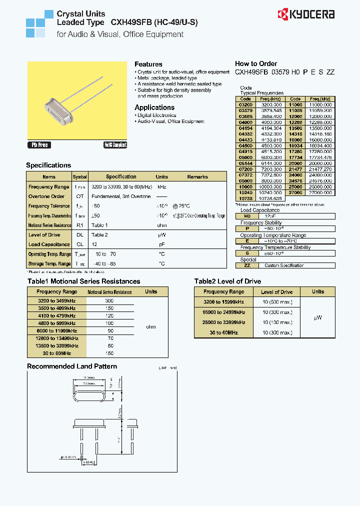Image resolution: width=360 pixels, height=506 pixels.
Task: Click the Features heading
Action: pyautogui.click(x=148, y=64)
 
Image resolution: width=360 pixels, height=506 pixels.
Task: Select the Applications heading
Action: pyautogui.click(x=154, y=107)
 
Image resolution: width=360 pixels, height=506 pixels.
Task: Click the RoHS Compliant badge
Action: pyautogui.click(x=115, y=145)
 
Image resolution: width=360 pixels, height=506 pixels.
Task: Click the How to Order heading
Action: pyautogui.click(x=256, y=63)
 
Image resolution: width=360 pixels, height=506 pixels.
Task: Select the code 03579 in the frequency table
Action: pyautogui.click(x=245, y=109)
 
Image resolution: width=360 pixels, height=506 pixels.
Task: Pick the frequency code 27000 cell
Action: pyautogui.click(x=295, y=192)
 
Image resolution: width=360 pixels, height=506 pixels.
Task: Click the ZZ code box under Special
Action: pyautogui.click(x=247, y=265)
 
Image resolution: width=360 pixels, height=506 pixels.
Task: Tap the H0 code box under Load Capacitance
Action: pyautogui.click(x=247, y=216)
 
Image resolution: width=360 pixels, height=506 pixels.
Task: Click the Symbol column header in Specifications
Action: pyautogui.click(x=79, y=177)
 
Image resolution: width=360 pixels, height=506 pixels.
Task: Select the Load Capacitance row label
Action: pyautogui.click(x=49, y=244)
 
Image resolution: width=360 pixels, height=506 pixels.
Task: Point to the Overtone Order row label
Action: pyautogui.click(x=46, y=196)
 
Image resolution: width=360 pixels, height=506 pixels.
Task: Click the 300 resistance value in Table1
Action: pyautogui.click(x=109, y=301)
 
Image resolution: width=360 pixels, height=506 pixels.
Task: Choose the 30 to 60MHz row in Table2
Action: pyautogui.click(x=223, y=332)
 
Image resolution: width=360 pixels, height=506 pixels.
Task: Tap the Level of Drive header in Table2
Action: pyautogui.click(x=276, y=292)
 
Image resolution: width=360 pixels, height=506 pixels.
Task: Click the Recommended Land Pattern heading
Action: pyautogui.click(x=71, y=366)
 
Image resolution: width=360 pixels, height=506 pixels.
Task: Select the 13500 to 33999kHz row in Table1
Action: pyautogui.click(x=57, y=345)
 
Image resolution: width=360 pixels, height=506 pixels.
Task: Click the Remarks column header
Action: pyautogui.click(x=197, y=177)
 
